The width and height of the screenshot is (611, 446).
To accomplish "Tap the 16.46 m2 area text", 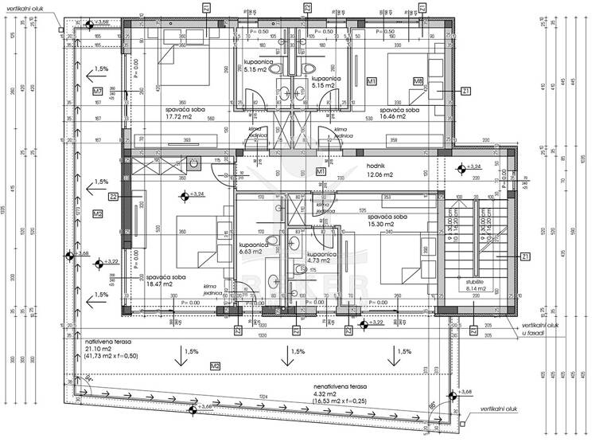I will pos(392,116).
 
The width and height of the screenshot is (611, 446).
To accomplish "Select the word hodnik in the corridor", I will pos(376,165).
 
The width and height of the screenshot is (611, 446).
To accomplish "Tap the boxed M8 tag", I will pos(418,81).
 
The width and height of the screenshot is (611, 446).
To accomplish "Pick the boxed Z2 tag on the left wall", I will pos(114,197).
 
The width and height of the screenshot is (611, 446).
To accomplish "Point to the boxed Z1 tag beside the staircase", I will pos(525,256).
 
